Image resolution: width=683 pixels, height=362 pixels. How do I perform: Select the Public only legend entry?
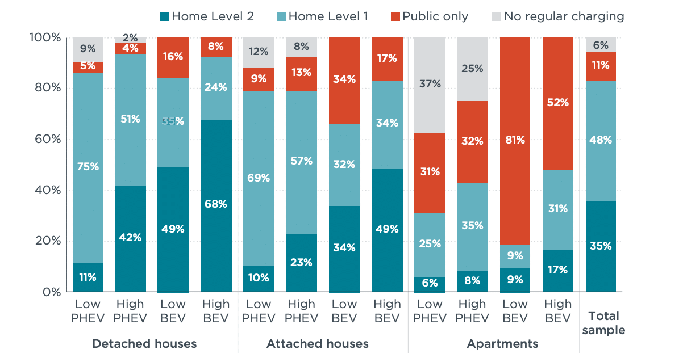coord(428,16)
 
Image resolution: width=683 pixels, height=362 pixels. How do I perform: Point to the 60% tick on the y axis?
coord(45,139)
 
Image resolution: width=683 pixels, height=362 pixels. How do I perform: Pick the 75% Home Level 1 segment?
coord(88,167)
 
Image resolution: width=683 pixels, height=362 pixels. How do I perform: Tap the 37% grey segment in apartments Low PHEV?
coord(430,85)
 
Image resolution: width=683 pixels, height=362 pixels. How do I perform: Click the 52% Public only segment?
coord(558,103)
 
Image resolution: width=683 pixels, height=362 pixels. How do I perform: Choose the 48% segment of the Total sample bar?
coord(601,141)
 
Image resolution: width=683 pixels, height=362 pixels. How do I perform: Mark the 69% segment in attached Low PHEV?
coord(259,178)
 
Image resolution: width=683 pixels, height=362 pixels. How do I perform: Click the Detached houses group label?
coord(144,344)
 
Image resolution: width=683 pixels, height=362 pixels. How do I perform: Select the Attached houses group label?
coord(317,344)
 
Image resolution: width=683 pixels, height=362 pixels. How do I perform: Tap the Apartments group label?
coord(502,344)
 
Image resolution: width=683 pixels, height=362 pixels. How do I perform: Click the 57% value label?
coord(301,162)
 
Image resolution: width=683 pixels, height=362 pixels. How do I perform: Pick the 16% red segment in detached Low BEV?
coord(173,57)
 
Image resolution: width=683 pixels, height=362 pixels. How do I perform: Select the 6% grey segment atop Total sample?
coord(601,45)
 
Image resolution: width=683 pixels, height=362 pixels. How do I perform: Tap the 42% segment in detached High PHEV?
coord(130,238)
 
